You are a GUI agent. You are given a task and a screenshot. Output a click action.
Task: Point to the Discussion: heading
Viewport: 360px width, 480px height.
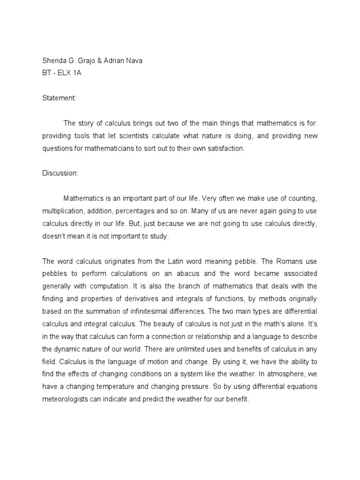(x=60, y=173)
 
